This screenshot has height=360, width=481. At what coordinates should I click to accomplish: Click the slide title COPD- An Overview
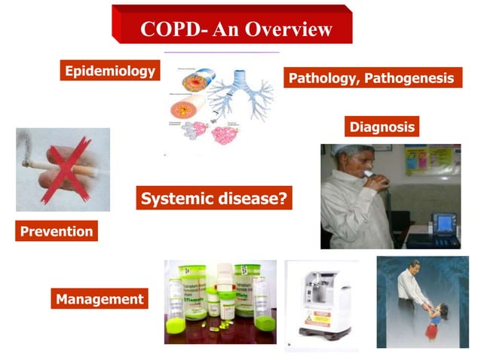coord(236,29)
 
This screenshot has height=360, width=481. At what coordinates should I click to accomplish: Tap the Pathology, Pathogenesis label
coord(372,78)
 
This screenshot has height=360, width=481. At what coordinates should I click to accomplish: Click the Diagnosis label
coord(381,127)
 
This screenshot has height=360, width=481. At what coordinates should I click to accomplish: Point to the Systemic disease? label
coord(215,199)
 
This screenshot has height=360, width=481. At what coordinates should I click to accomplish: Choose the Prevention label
coord(57,231)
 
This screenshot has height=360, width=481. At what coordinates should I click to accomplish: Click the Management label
coord(99,299)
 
